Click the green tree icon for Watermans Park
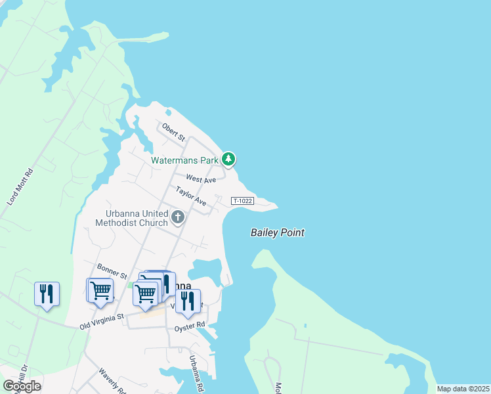click(x=228, y=159)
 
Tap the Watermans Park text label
click(x=184, y=160)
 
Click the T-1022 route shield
click(x=243, y=200)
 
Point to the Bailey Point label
click(x=278, y=232)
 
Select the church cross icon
click(x=177, y=217)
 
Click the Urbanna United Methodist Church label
click(x=137, y=218)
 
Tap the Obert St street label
click(x=175, y=132)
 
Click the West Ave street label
click(x=201, y=179)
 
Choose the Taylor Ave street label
click(x=191, y=196)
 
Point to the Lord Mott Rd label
click(x=20, y=187)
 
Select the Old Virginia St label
click(x=102, y=320)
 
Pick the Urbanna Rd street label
click(x=195, y=372)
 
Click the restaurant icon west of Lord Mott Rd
click(x=47, y=293)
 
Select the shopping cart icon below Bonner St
click(x=100, y=290)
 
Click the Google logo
click(x=22, y=386)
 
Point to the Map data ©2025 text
click(x=463, y=389)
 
